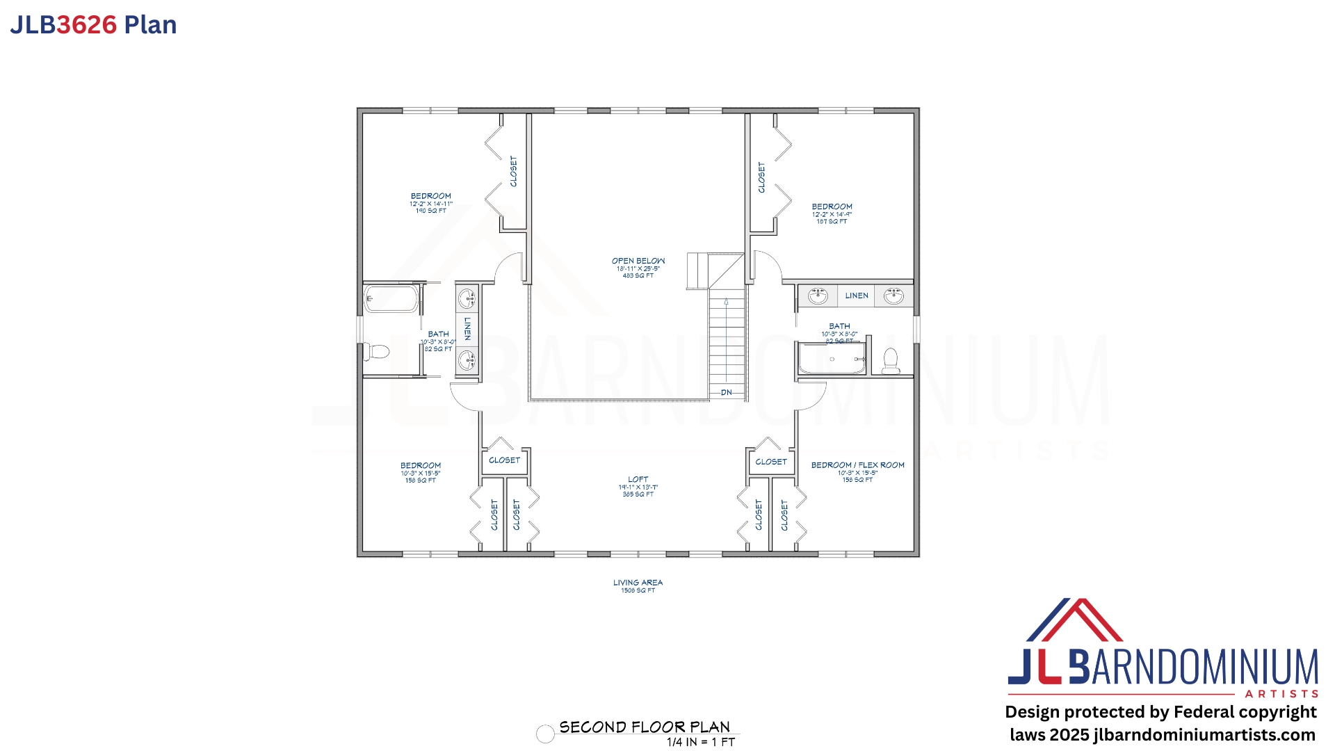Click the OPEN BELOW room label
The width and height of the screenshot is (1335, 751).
pos(638,261)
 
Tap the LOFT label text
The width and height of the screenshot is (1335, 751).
pos(638,480)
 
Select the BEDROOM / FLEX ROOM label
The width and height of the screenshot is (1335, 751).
pos(857,465)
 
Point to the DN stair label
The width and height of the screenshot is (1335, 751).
pos(726,393)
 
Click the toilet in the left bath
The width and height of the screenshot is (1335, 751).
pos(376,351)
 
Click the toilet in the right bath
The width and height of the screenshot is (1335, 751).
pos(890,360)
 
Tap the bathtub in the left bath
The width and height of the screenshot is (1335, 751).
pos(391,299)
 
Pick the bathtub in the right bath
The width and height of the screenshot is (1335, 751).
pos(832,359)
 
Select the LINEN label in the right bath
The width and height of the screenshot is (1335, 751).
pos(857,296)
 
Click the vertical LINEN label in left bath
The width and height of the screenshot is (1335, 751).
pos(467,328)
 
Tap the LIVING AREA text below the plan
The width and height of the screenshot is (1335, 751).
pos(638,583)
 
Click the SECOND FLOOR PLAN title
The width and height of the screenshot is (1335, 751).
pos(645,727)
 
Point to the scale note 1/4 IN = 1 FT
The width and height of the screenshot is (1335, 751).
pos(700,743)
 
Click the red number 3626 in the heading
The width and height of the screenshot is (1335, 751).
pos(86,25)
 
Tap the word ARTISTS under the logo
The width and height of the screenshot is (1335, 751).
pos(1281,694)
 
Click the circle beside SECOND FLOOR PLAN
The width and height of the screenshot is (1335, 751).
pos(545,734)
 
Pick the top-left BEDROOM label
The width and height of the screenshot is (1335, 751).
pos(430,197)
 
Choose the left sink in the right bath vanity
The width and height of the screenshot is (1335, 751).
pos(818,296)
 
